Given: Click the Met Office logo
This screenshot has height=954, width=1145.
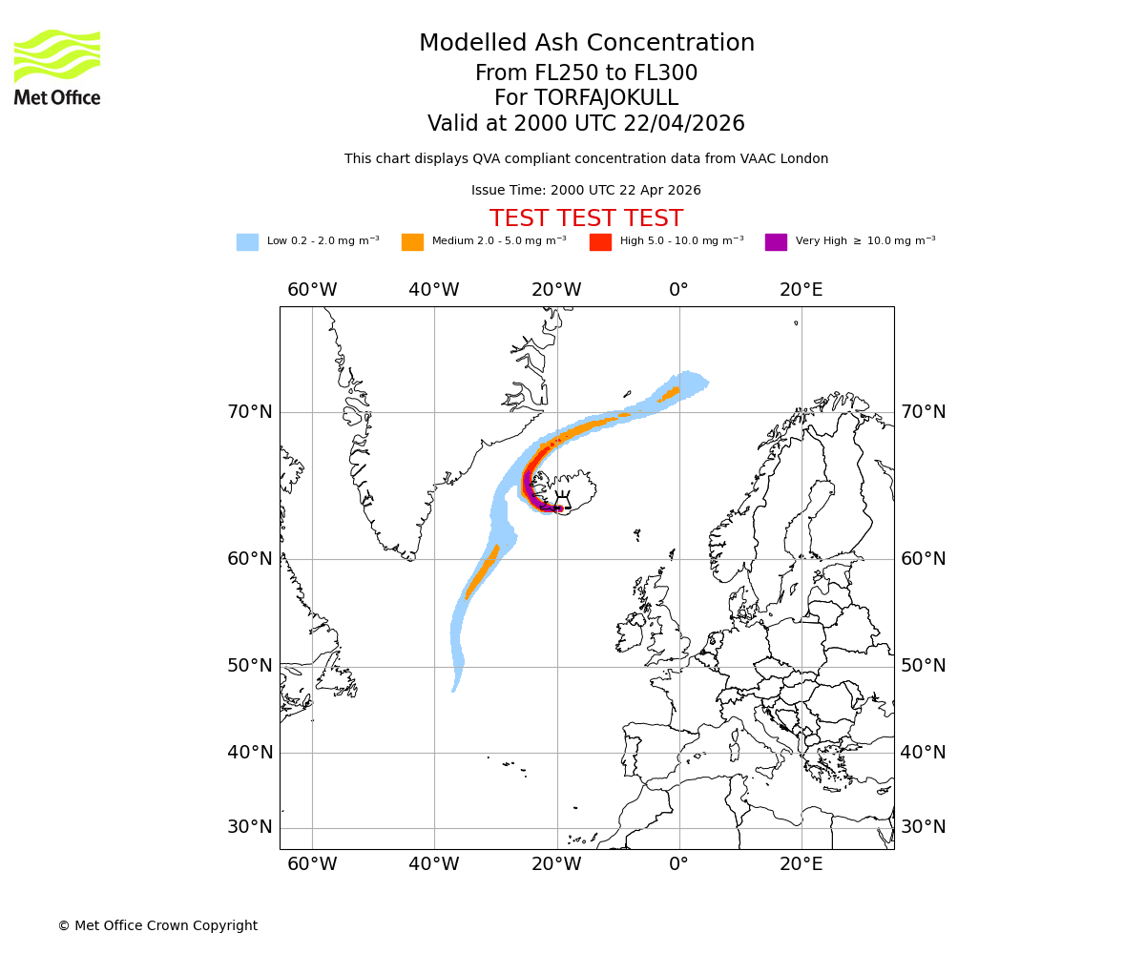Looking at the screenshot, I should (57, 67).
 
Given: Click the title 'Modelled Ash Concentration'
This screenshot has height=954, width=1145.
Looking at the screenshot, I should (587, 44).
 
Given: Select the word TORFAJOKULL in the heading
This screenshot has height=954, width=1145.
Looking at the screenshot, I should (606, 98).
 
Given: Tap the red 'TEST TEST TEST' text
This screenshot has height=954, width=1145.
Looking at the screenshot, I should (586, 219).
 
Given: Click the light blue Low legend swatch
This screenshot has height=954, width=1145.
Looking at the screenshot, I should (247, 242).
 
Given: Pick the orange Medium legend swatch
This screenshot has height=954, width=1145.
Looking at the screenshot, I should (412, 242).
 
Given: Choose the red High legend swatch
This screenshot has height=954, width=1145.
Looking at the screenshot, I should (600, 242).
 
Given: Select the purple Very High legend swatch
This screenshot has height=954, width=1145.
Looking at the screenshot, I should (776, 242).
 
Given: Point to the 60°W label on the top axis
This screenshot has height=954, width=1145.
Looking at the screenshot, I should (312, 290).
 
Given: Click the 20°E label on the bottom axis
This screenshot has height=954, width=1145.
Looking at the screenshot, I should (801, 864).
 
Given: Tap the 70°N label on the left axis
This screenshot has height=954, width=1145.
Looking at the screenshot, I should (249, 412).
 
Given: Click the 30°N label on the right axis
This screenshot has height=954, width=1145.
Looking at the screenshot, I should (924, 827).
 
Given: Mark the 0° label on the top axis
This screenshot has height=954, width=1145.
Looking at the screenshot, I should (678, 290).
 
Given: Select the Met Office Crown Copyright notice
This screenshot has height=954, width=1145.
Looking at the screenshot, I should (157, 926).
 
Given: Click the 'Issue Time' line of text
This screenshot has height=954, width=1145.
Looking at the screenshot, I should (586, 191).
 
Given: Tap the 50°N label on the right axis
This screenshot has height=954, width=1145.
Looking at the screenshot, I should (924, 666).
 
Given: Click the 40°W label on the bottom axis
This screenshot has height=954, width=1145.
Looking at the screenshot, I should (434, 864).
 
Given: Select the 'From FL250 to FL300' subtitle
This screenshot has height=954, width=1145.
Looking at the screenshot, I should (586, 73).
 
